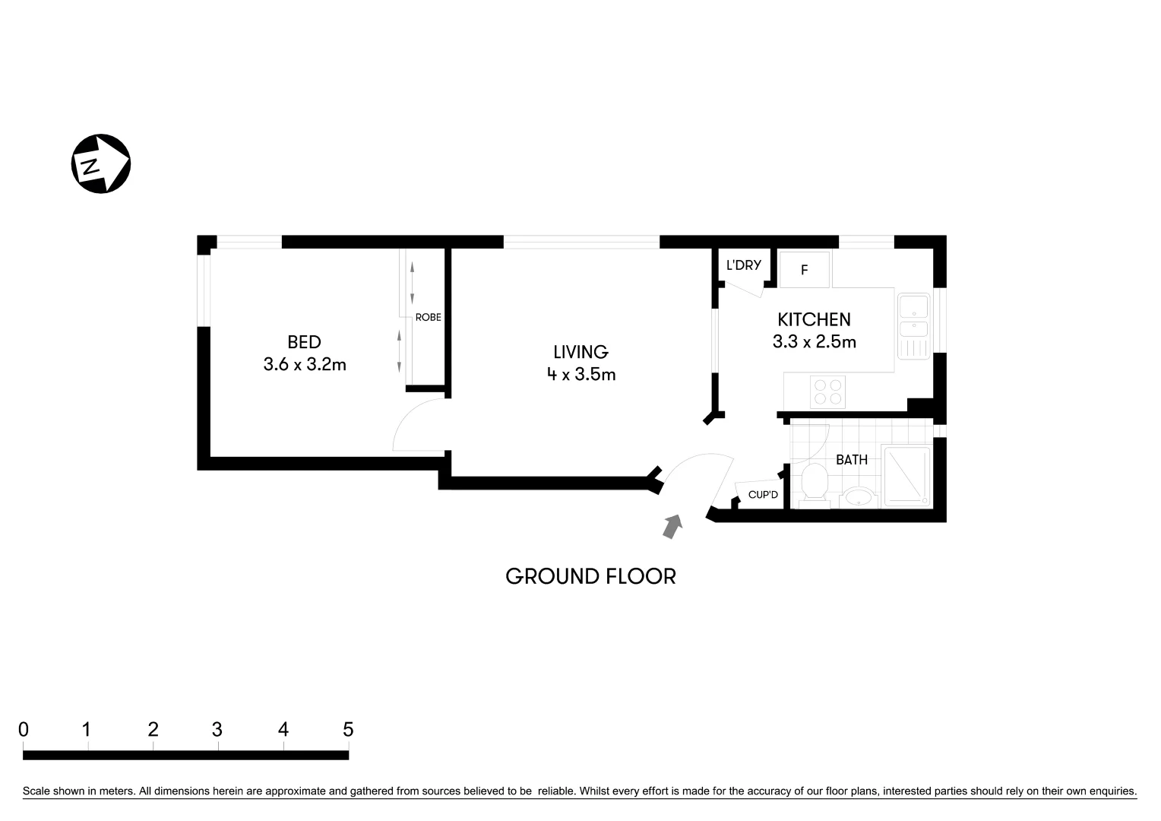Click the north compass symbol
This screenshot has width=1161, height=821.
[100, 163]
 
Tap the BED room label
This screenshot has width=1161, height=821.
[304, 342]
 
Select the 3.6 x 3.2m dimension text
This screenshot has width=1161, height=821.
[305, 365]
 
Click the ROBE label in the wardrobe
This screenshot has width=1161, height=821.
[428, 318]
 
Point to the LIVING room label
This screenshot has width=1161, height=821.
[580, 352]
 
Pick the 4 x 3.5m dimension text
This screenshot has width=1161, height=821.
[580, 374]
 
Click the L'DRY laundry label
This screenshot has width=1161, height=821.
[743, 265]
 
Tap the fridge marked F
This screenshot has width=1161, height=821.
[805, 270]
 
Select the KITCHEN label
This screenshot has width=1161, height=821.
[814, 319]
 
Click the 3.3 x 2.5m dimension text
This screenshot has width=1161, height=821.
[814, 342]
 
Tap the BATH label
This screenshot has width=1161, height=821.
[851, 460]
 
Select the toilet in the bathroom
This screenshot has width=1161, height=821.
[814, 483]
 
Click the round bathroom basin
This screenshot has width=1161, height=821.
[859, 498]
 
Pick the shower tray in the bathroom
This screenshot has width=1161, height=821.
[906, 477]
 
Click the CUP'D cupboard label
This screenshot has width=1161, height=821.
[763, 495]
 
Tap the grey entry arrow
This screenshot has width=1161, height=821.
[672, 526]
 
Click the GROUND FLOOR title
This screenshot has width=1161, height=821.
[590, 576]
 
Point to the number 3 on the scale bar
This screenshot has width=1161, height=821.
[217, 730]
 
